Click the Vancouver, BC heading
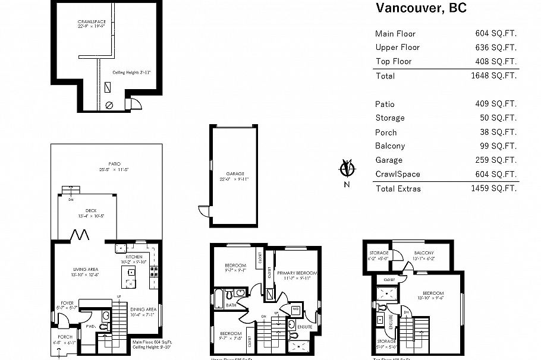click(x=421, y=8)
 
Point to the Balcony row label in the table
click(x=390, y=146)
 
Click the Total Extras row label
click(x=398, y=188)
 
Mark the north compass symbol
click(x=347, y=169)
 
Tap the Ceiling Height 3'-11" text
click(x=131, y=72)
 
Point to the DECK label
click(x=91, y=210)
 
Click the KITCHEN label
click(x=134, y=257)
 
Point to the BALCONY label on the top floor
click(x=424, y=252)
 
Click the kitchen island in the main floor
click(x=129, y=276)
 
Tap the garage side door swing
click(x=203, y=211)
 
